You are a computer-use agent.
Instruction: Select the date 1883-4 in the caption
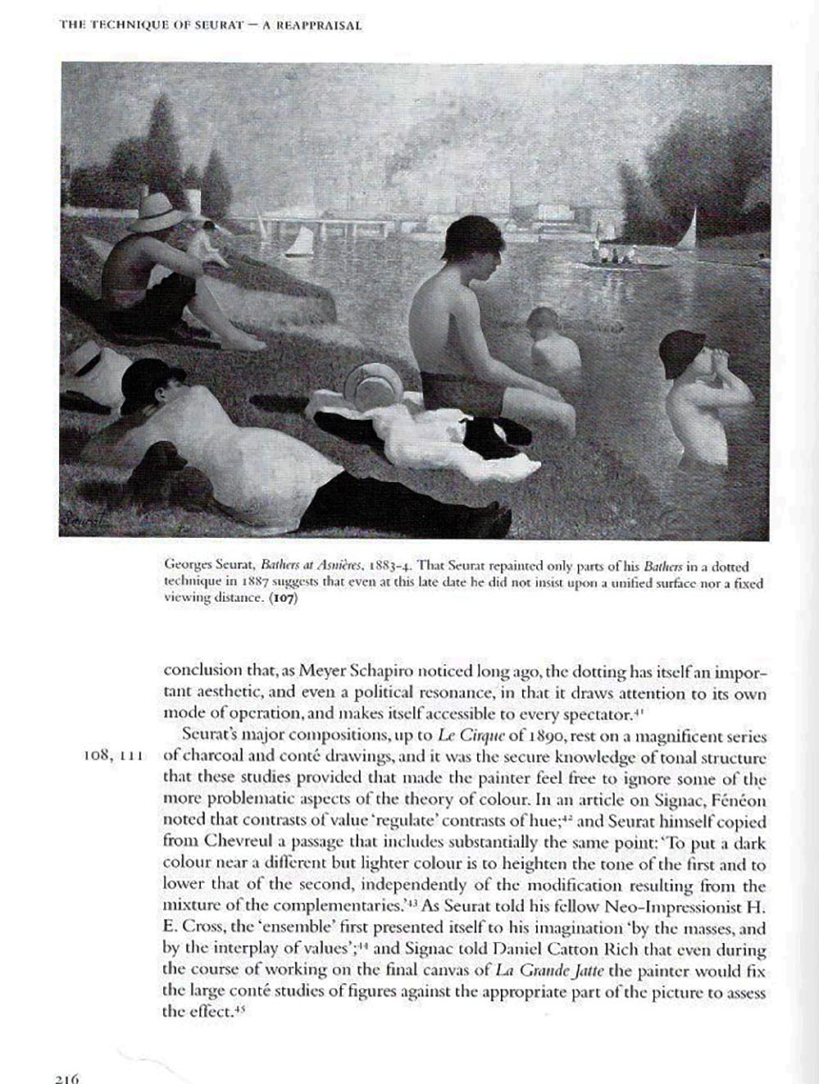tap(393, 566)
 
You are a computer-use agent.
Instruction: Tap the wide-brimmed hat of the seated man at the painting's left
tap(160, 212)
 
